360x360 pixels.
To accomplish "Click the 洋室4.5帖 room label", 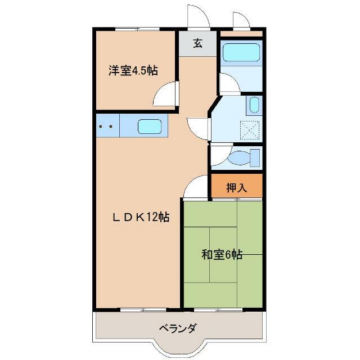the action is point(133,70).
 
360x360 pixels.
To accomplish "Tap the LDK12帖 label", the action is point(141,217).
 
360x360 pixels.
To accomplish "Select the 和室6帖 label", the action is point(222,254).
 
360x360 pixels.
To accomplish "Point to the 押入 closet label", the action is point(236,188).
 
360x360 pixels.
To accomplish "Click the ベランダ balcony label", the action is point(178,328).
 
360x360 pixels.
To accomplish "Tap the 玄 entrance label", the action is point(197,43).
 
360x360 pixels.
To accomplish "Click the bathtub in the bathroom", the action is point(241,52).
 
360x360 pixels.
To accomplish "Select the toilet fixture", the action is point(245,157).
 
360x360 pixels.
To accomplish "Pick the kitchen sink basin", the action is point(150,126).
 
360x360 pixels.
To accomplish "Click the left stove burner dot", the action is point(100,126).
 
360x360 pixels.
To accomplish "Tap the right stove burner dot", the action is point(111,126).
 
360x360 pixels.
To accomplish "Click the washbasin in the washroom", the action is point(254,105).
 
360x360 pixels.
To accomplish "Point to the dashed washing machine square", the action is point(250,130).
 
